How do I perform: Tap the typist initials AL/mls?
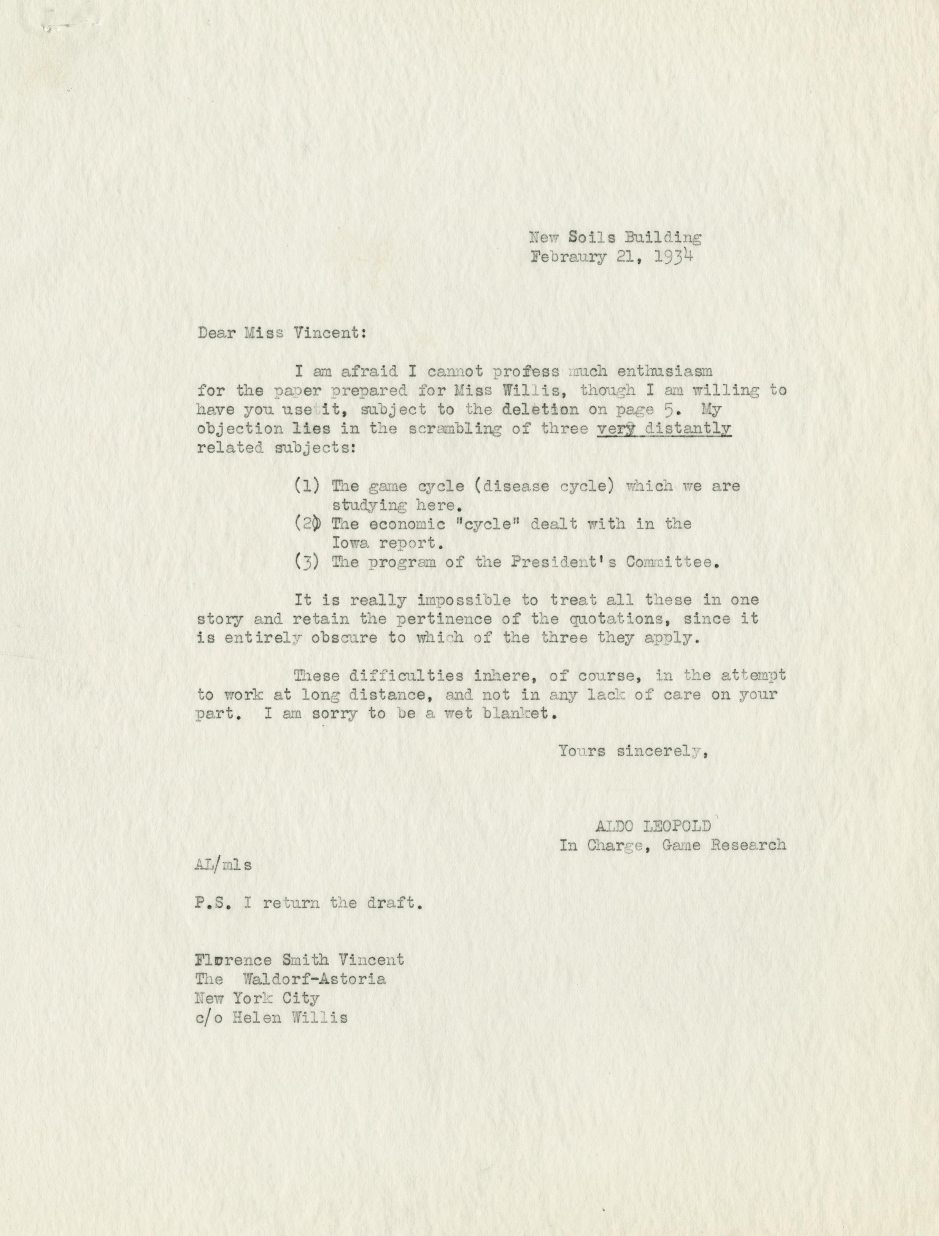[224, 864]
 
